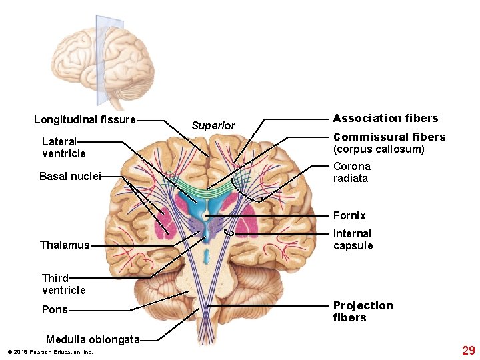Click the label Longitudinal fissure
point(85,120)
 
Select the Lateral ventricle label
point(63,147)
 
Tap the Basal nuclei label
point(69,177)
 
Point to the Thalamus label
point(64,245)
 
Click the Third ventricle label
point(63,284)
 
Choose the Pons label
point(54,310)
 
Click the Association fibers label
point(385,119)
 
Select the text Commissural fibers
point(389,137)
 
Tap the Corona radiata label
point(351,172)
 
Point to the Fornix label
point(349,215)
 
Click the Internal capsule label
point(353,239)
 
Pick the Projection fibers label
point(363,311)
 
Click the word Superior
point(213,125)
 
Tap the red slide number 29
point(468,351)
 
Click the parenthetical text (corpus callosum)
point(379,149)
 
